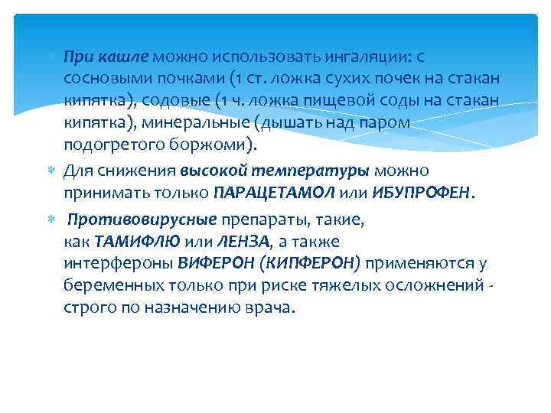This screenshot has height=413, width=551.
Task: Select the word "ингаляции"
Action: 360,57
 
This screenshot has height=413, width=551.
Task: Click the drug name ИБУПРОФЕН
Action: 422,193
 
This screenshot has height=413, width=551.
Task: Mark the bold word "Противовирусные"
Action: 142,220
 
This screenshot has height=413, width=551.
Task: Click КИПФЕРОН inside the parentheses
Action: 313,265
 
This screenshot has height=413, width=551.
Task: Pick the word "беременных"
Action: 112,286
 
